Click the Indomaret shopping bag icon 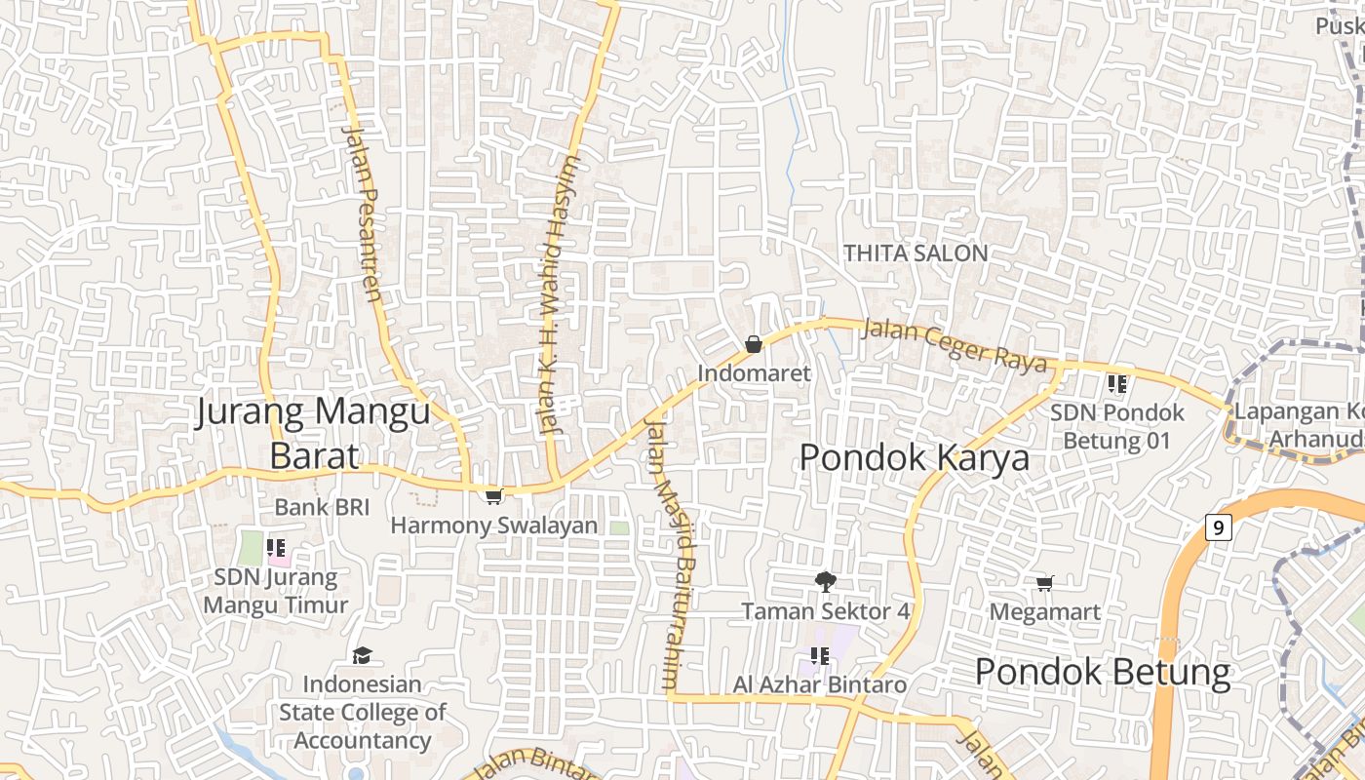(x=753, y=344)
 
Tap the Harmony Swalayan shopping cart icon (x=494, y=497)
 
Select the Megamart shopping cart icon (x=1045, y=584)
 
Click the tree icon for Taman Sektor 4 (x=825, y=582)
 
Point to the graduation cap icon (x=362, y=655)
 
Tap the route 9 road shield (x=1218, y=528)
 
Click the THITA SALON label (x=916, y=253)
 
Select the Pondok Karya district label (x=914, y=457)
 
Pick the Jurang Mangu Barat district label (x=313, y=433)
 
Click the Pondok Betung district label (x=1103, y=672)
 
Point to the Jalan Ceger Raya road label (x=955, y=346)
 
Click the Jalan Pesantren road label (x=363, y=214)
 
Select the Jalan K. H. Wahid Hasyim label (x=559, y=292)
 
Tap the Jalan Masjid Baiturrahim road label (x=663, y=551)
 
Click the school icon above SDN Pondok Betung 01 (x=1117, y=384)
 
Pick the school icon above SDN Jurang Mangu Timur (x=276, y=548)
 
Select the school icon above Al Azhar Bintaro (x=819, y=656)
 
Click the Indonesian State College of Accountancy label (x=362, y=713)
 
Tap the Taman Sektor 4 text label (x=825, y=611)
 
